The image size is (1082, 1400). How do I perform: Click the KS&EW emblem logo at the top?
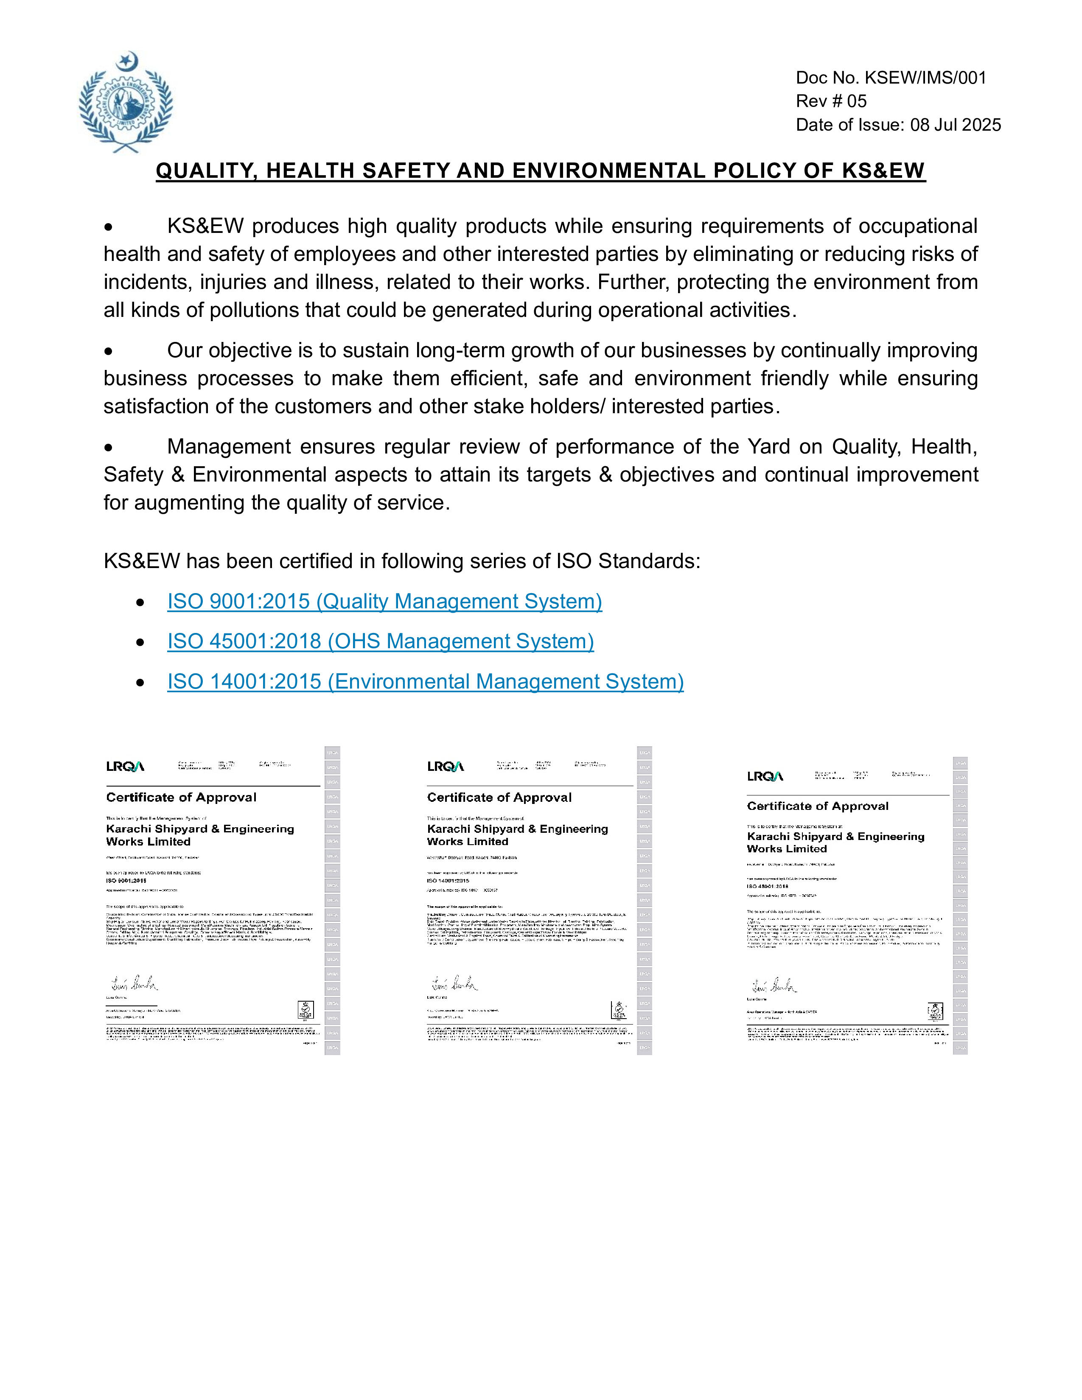(x=126, y=103)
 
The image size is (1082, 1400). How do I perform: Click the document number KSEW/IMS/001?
(x=925, y=78)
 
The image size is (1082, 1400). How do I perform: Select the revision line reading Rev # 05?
(x=831, y=101)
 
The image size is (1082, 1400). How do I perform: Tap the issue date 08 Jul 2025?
(x=955, y=125)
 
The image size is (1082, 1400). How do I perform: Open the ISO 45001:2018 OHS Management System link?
(x=380, y=641)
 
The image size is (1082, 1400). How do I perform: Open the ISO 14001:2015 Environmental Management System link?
(x=425, y=681)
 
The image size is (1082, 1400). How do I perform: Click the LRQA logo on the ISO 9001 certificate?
(x=125, y=767)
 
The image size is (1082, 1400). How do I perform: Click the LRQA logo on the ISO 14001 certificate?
(x=446, y=767)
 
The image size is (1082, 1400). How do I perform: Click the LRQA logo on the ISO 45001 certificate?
(x=765, y=776)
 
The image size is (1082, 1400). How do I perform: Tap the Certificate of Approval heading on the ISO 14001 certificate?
(x=499, y=798)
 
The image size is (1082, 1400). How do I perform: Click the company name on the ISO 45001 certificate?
(x=835, y=842)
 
